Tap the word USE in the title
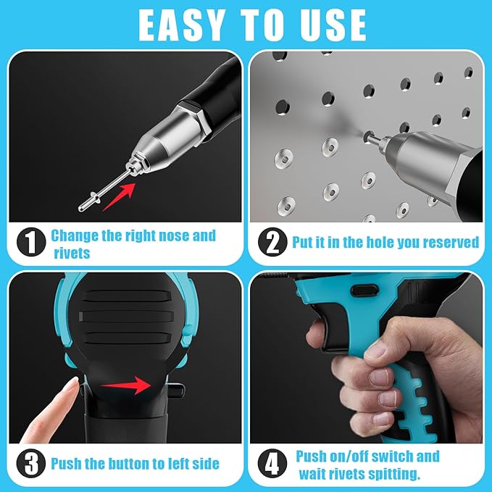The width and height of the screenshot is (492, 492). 330,25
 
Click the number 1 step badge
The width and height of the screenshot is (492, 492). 30,242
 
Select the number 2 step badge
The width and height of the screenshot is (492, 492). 272,242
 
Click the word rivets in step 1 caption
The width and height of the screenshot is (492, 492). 72,252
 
